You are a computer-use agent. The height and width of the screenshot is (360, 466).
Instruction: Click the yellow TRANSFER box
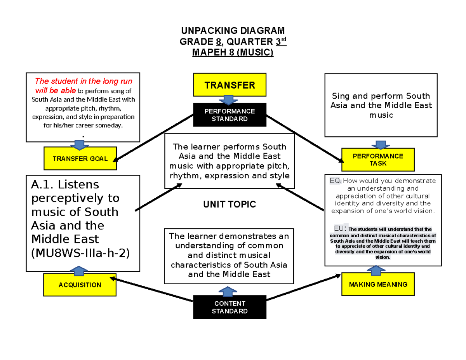(x=230, y=85)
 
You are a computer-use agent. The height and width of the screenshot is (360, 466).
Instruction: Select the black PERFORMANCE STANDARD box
(x=230, y=115)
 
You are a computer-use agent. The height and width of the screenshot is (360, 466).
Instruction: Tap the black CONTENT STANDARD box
(x=230, y=307)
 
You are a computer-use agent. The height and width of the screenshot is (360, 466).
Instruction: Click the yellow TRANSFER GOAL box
(x=80, y=158)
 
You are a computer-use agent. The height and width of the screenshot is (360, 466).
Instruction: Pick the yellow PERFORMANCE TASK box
(x=378, y=160)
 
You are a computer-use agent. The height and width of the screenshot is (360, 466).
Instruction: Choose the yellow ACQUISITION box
(x=80, y=285)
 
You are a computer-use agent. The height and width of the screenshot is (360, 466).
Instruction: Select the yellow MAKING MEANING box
(x=378, y=284)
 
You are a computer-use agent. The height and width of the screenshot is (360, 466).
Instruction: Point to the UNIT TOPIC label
(x=230, y=204)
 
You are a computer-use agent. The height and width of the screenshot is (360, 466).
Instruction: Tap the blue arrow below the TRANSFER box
(x=230, y=99)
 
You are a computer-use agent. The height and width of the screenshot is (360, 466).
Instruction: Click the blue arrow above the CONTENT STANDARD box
(x=230, y=291)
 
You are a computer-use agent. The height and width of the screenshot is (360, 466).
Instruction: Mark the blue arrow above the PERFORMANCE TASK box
(x=378, y=144)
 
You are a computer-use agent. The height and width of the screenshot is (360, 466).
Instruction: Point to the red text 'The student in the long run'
(x=83, y=81)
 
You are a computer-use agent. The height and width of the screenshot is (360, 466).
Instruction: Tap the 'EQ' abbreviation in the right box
(x=335, y=181)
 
